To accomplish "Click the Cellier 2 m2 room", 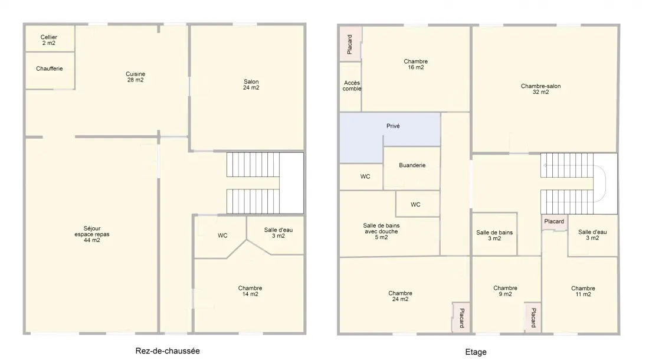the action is [x=49, y=40].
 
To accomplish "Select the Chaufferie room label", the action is [x=49, y=68].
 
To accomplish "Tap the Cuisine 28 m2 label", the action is [x=135, y=77].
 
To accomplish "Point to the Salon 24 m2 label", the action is [x=251, y=84].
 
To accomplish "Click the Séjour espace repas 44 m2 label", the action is [x=92, y=234].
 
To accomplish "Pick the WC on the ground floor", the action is [x=222, y=235].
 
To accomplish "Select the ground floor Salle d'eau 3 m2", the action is [x=278, y=233].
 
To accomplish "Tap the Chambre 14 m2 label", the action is [x=250, y=291].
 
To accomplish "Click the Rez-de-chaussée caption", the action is [x=168, y=351].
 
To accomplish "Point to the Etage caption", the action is [x=476, y=352].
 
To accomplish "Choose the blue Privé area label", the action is [x=393, y=126].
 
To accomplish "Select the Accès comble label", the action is [x=352, y=86].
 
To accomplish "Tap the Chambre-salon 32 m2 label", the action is [x=540, y=89].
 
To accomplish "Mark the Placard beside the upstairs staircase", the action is [x=554, y=221].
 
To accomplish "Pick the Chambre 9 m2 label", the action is [x=505, y=291].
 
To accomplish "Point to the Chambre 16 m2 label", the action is [x=415, y=64].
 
